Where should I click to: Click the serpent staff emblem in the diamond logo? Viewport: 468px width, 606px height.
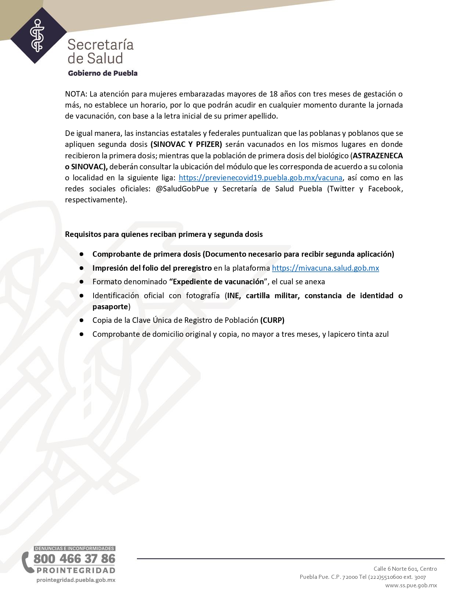(x=37, y=36)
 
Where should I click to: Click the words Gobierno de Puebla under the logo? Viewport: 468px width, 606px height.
(x=103, y=73)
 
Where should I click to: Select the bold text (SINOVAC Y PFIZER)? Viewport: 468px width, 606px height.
(x=186, y=144)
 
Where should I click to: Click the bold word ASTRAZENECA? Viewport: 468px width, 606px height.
(x=378, y=155)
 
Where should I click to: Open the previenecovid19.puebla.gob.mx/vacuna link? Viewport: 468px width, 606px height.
(x=260, y=178)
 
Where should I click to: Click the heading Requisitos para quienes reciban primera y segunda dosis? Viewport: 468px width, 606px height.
(x=164, y=234)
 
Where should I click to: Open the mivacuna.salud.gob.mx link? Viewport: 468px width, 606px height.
(x=325, y=268)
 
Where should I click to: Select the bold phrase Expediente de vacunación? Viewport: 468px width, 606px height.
(x=218, y=282)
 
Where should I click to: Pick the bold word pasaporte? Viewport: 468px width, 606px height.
(x=110, y=307)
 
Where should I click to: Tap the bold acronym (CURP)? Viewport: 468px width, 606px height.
(x=272, y=320)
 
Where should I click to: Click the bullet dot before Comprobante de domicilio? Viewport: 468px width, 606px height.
(x=81, y=334)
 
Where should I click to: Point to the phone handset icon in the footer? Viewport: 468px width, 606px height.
(x=27, y=562)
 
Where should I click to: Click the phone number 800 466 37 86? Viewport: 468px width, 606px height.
(x=75, y=559)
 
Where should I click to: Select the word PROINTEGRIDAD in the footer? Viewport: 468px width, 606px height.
(x=76, y=570)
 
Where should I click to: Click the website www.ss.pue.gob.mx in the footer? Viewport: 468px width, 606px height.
(x=411, y=585)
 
